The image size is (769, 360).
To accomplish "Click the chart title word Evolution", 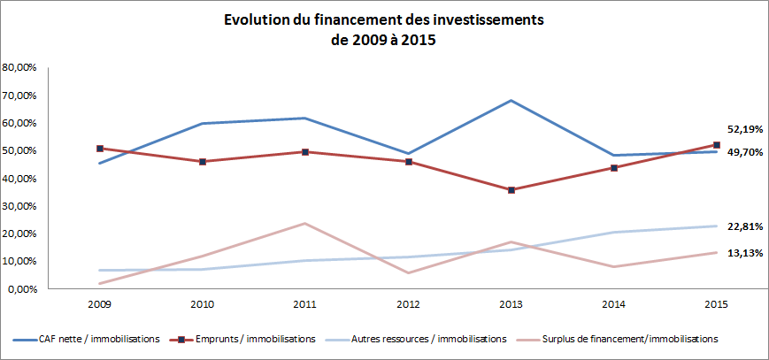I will point(257,19).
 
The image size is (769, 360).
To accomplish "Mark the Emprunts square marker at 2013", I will point(511,190).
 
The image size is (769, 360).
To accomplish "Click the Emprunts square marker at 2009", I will point(100,149).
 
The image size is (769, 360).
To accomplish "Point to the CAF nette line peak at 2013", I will point(511,100).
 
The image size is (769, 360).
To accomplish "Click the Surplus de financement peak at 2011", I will point(305,223).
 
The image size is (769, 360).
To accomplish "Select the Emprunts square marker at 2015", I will point(717,145).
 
